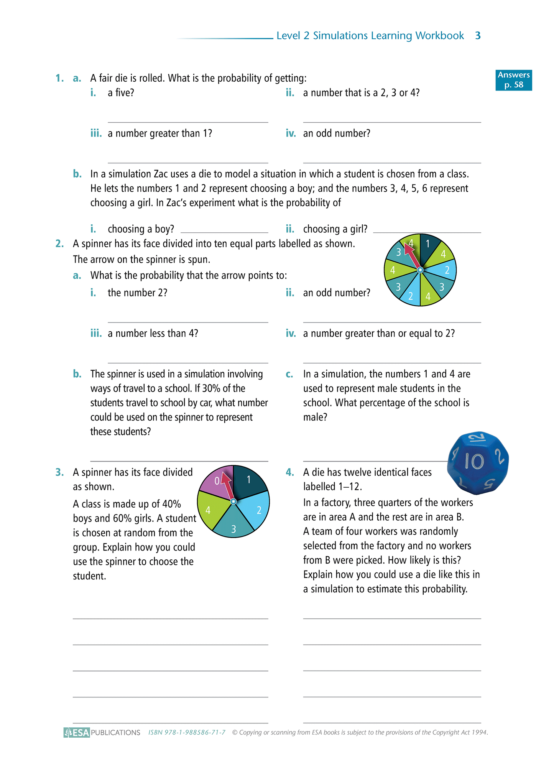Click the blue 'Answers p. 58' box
[x=513, y=80]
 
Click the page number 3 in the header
[x=478, y=36]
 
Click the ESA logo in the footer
[x=77, y=732]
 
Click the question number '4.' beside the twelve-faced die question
[x=290, y=472]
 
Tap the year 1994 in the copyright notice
[x=479, y=732]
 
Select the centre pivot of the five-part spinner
[x=233, y=501]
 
